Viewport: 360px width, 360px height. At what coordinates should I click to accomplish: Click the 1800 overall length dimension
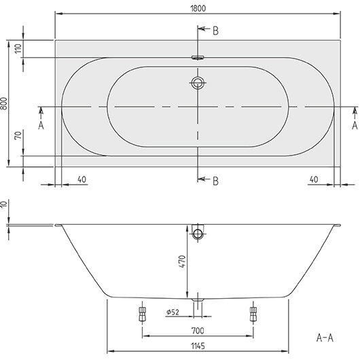198,9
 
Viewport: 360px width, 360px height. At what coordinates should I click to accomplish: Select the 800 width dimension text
4,103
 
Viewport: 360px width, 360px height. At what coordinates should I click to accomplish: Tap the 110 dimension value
18,48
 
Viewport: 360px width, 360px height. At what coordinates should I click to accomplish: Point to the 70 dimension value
18,135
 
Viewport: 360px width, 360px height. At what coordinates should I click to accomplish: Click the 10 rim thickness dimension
4,203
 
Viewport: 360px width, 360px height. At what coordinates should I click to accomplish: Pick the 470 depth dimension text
182,261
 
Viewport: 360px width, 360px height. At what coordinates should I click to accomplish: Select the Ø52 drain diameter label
173,312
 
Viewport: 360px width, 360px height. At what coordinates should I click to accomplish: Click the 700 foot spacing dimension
198,331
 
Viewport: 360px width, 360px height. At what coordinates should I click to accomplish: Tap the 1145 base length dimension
198,346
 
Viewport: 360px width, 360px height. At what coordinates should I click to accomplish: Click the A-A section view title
325,338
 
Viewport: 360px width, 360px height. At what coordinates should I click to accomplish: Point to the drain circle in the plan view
198,83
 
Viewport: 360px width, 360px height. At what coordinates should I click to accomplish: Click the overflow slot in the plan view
198,58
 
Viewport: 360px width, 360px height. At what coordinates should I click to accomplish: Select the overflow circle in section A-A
198,234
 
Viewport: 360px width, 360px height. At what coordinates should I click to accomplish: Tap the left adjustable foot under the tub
143,314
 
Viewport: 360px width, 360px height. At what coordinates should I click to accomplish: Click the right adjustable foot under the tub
253,314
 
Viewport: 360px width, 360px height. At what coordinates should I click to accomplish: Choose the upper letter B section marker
215,31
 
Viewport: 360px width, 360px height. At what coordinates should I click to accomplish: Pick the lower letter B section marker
215,181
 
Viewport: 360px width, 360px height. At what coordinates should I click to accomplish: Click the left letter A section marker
41,126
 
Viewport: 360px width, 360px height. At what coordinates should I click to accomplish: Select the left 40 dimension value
82,179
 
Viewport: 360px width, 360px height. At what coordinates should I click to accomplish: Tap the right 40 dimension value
314,179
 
